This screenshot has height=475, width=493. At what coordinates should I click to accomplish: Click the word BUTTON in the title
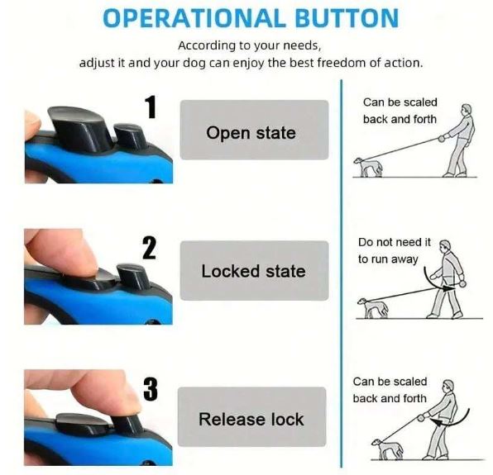coord(347,18)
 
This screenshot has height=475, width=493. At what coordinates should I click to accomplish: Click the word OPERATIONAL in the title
coord(194,18)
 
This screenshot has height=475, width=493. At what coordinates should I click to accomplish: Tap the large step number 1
coord(151,107)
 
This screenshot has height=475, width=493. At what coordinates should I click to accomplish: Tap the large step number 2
coord(149,248)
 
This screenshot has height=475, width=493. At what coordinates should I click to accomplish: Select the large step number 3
coord(151,389)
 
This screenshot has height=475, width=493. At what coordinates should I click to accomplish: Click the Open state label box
coord(254,130)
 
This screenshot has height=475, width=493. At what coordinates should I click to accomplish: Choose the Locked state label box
coord(254,270)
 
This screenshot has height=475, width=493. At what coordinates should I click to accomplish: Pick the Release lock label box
coord(251,416)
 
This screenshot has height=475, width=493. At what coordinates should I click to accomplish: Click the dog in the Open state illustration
coord(368,167)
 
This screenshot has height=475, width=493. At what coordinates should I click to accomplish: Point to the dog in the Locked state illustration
coord(372,307)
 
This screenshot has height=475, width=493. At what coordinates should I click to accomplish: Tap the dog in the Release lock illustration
coord(387,449)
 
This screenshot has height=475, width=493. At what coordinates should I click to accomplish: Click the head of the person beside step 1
coord(467,110)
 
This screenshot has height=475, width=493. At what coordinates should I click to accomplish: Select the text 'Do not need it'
coord(395,242)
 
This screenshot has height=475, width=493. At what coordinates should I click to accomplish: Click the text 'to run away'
coord(388,259)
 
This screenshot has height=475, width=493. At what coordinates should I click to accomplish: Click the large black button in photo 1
coord(79,127)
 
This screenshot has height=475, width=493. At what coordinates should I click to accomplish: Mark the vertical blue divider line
coord(341,273)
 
